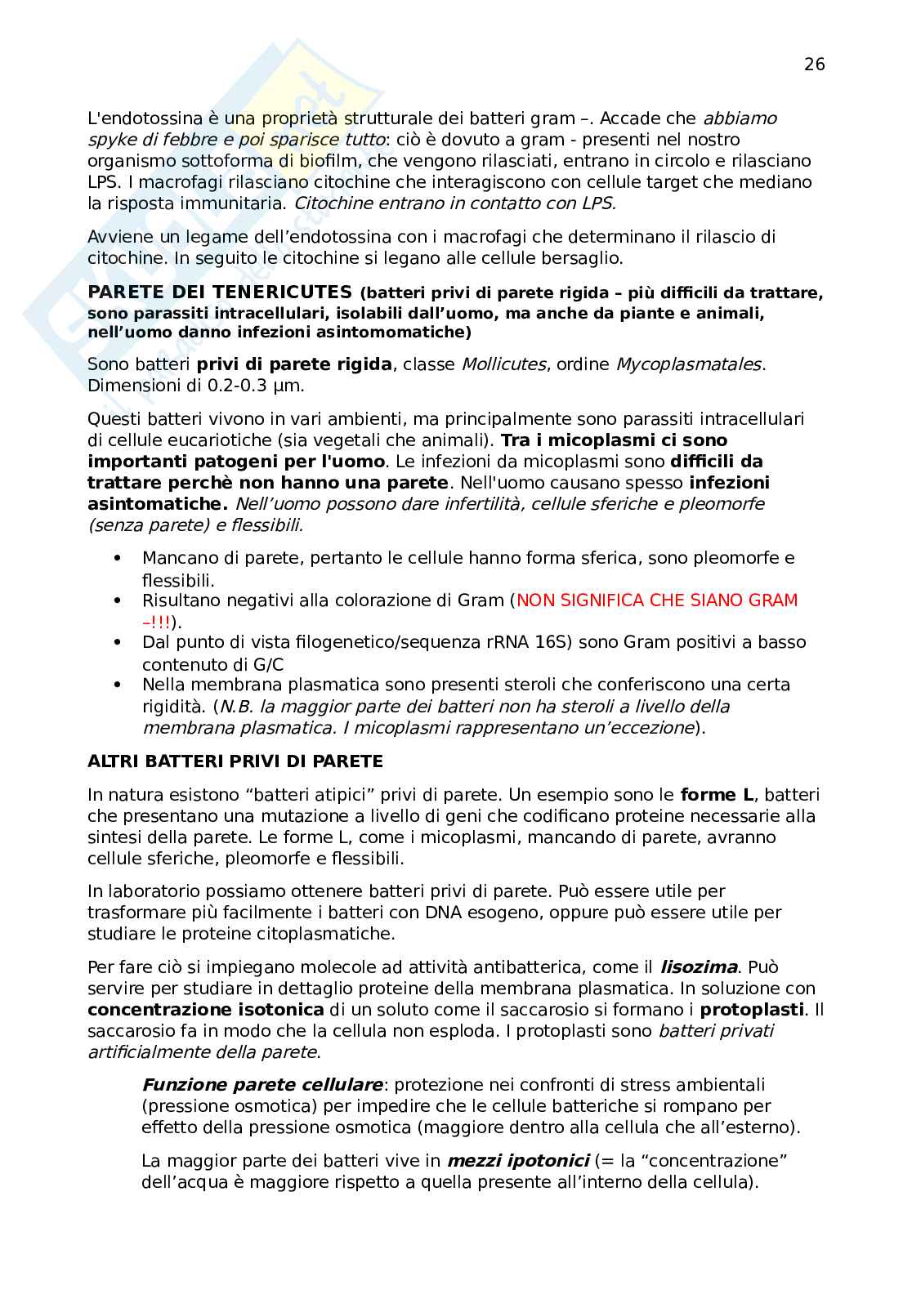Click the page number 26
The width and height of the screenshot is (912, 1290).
[x=814, y=65]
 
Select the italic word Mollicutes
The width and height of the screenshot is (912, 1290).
[x=503, y=364]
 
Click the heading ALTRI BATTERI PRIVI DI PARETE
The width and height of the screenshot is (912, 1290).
[x=235, y=761]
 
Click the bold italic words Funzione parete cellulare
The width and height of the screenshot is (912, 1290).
[x=262, y=1085]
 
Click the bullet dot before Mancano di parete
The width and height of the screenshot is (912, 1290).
[x=118, y=558]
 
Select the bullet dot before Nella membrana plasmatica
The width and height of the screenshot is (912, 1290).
[x=118, y=685]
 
